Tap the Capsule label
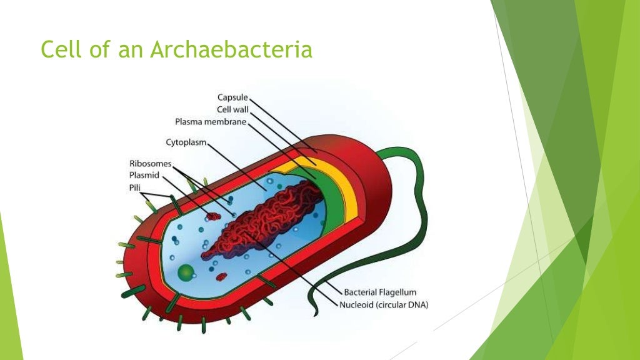click(232, 97)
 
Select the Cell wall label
click(232, 109)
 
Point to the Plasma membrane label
click(211, 121)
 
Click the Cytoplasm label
click(186, 142)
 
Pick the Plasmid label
click(144, 175)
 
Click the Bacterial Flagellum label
click(380, 292)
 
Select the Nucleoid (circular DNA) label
click(384, 305)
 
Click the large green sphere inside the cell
click(186, 272)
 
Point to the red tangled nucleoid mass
click(262, 219)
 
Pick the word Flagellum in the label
click(397, 292)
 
